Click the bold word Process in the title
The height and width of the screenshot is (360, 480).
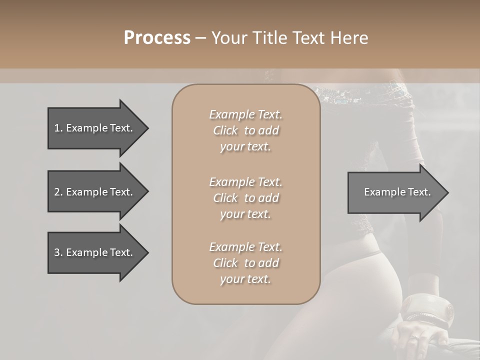tap(157, 38)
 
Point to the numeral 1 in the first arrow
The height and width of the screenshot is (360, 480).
tap(56, 128)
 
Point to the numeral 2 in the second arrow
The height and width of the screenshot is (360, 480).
tap(57, 192)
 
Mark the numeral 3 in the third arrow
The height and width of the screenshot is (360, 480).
tap(57, 252)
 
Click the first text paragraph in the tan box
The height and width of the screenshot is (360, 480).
tap(245, 130)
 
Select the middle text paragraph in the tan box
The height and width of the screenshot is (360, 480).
tap(245, 198)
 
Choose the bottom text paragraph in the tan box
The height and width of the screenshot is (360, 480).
tap(245, 263)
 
